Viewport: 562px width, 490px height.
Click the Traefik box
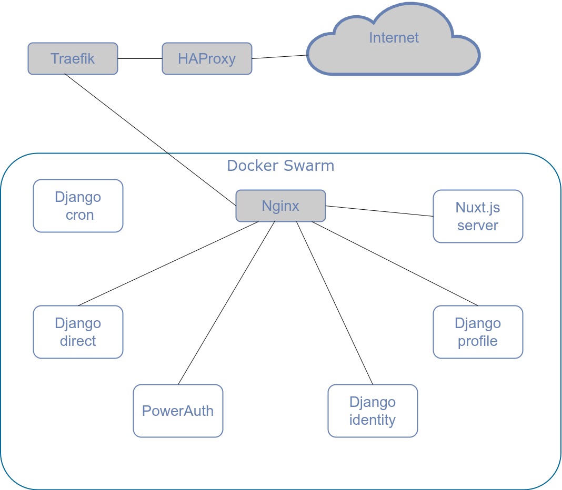(73, 58)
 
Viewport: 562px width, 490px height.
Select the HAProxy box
(207, 58)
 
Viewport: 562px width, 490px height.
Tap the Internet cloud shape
(394, 42)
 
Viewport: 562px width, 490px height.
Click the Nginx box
(280, 206)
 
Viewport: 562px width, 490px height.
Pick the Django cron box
(78, 206)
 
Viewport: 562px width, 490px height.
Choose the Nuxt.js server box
(478, 216)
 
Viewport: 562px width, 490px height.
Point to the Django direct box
(78, 332)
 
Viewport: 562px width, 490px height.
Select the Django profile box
(478, 332)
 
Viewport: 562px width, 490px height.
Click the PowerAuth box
(178, 411)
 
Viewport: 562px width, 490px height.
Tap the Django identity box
(373, 411)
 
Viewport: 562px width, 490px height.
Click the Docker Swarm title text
(280, 166)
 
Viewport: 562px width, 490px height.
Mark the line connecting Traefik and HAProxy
(140, 58)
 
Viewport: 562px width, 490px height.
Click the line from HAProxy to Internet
(279, 57)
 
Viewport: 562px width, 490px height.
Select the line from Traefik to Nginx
(150, 140)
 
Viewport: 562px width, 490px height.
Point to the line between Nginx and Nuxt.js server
(379, 211)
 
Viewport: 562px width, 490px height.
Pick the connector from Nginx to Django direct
(168, 263)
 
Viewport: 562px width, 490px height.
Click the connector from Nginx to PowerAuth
(227, 303)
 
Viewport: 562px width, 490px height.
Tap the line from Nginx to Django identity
(335, 303)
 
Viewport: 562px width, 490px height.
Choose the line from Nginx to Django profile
(395, 263)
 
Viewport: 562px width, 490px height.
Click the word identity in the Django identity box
(373, 420)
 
